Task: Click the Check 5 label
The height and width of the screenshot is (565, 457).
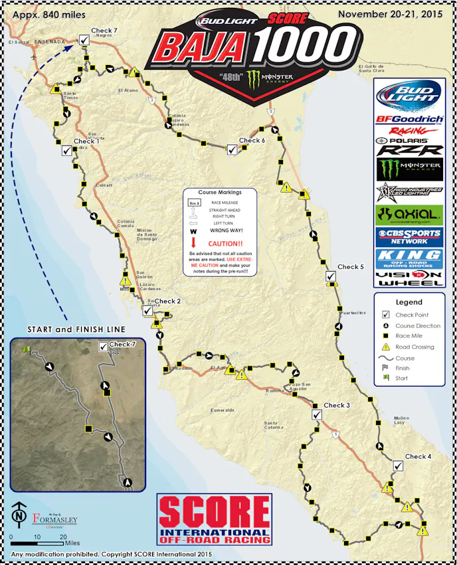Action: coord(351,267)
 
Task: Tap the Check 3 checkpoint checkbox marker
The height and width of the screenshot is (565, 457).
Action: coord(316,414)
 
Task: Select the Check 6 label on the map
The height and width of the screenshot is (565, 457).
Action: coord(252,141)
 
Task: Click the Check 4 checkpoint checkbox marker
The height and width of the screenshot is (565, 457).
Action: coord(397,465)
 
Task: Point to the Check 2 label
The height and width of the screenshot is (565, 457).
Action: coord(168,301)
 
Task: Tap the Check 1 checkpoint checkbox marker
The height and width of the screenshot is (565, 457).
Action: coord(66,150)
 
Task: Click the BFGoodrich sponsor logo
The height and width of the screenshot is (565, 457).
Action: coord(409,120)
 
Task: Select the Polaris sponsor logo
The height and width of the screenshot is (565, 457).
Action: coord(409,141)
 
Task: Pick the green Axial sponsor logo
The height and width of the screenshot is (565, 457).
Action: coord(409,214)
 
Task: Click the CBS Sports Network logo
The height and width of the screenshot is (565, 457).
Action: coord(409,236)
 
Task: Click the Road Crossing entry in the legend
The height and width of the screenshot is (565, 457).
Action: coord(414,347)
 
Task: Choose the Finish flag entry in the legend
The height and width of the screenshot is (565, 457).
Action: coord(403,368)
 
